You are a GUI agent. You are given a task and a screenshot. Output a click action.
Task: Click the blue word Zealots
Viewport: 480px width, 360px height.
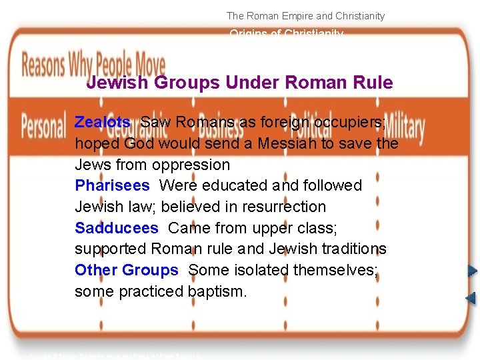pyautogui.click(x=103, y=122)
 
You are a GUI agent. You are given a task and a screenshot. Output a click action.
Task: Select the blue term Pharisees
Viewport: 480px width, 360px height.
pyautogui.click(x=112, y=185)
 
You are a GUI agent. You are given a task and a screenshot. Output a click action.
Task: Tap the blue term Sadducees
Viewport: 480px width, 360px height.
pyautogui.click(x=117, y=228)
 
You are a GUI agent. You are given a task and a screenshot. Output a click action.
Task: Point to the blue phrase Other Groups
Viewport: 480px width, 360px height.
pyautogui.click(x=127, y=270)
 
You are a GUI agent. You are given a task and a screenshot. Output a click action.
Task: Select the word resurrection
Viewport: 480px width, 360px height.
pyautogui.click(x=279, y=207)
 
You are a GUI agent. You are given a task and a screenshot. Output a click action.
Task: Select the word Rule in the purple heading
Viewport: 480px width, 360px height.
pyautogui.click(x=374, y=83)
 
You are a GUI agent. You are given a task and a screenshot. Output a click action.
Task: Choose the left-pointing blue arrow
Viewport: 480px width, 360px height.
pyautogui.click(x=471, y=297)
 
